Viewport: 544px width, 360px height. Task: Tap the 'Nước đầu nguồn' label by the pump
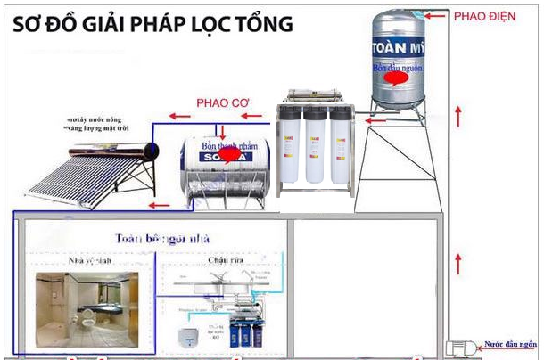coord(511,342)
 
